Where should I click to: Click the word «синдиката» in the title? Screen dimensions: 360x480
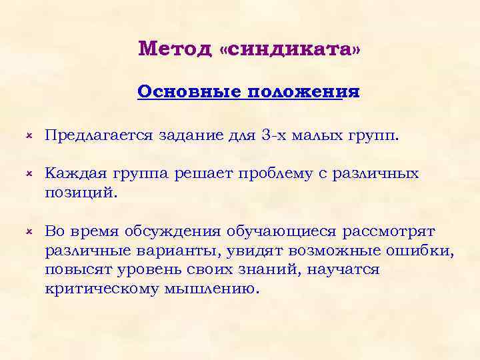(289, 49)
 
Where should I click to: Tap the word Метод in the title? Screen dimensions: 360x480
(175, 49)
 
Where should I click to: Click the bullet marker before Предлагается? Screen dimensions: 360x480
(30, 136)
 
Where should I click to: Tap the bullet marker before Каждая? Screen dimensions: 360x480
(30, 173)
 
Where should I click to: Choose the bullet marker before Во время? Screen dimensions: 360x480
(30, 231)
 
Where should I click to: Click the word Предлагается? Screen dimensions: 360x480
(101, 137)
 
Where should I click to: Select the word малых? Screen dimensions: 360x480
(313, 137)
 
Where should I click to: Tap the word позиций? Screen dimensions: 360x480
(80, 193)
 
